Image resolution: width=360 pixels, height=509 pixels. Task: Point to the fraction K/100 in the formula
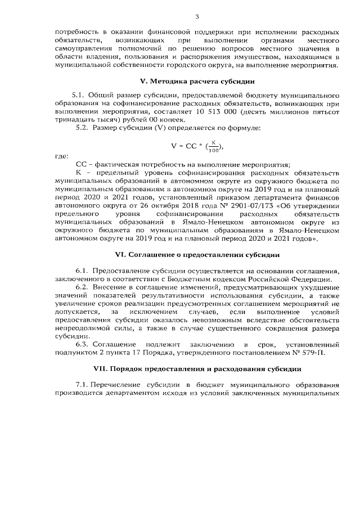[x=213, y=147]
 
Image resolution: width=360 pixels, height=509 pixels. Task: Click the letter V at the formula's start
[x=174, y=147]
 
